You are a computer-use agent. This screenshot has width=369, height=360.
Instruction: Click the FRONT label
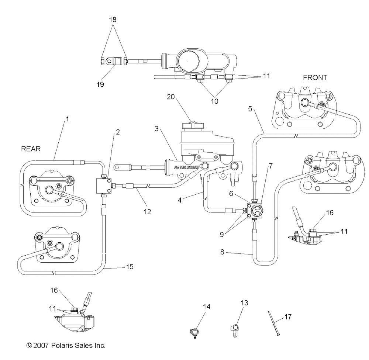pyautogui.click(x=315, y=77)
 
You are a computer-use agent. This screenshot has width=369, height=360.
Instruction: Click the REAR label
pyautogui.click(x=31, y=149)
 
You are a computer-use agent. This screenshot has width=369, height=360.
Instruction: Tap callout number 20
pyautogui.click(x=171, y=97)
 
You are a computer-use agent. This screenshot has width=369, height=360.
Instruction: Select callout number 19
pyautogui.click(x=100, y=84)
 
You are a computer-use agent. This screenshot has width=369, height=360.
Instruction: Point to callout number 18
pyautogui.click(x=113, y=20)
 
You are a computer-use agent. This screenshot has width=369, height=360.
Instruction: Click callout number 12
pyautogui.click(x=147, y=211)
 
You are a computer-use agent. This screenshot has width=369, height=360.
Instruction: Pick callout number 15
pyautogui.click(x=130, y=267)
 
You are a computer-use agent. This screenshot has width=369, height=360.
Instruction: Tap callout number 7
pyautogui.click(x=271, y=166)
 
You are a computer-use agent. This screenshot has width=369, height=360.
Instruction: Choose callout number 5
pyautogui.click(x=250, y=109)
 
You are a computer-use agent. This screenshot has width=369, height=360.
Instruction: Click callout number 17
pyautogui.click(x=288, y=317)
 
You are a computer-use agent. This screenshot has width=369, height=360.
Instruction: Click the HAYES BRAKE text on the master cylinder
pyautogui.click(x=187, y=167)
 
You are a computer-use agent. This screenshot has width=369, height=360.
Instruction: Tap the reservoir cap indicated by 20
pyautogui.click(x=192, y=125)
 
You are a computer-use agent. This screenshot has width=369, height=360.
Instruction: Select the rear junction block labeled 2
pyautogui.click(x=104, y=186)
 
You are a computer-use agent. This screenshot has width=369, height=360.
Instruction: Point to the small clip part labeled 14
pyautogui.click(x=194, y=333)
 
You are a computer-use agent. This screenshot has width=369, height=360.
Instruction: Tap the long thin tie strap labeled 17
pyautogui.click(x=274, y=323)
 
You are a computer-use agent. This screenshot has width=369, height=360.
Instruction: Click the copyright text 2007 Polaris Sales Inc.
pyautogui.click(x=66, y=345)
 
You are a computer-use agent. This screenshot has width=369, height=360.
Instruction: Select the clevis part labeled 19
pyautogui.click(x=111, y=62)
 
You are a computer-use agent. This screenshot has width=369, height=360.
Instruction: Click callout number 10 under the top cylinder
pyautogui.click(x=214, y=101)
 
